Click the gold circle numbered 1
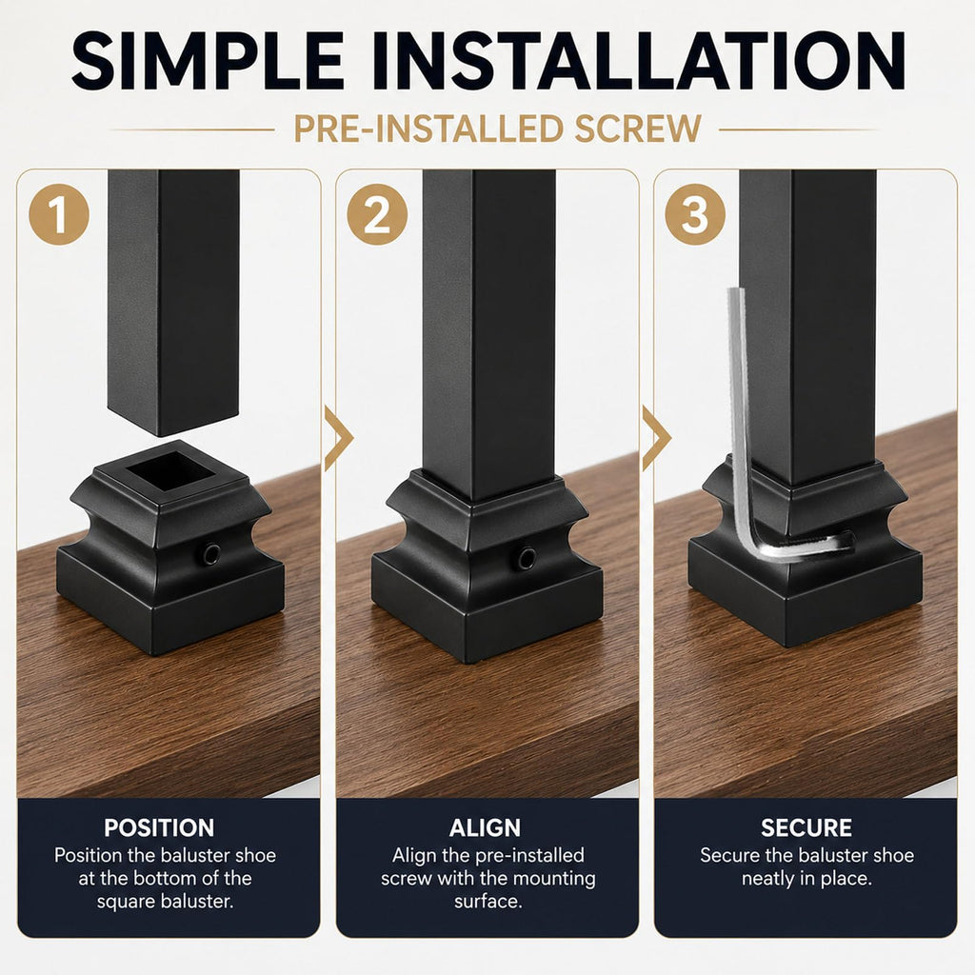tap(59, 214)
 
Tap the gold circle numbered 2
tap(377, 214)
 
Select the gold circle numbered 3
tap(695, 214)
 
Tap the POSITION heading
tap(159, 827)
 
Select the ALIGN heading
tap(485, 827)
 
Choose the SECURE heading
tap(806, 827)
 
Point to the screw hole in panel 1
tap(210, 553)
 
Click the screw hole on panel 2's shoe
tap(527, 558)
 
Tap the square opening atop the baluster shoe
tap(172, 470)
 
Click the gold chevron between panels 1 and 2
tap(338, 438)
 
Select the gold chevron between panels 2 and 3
tap(655, 438)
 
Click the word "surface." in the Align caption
tap(488, 901)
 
